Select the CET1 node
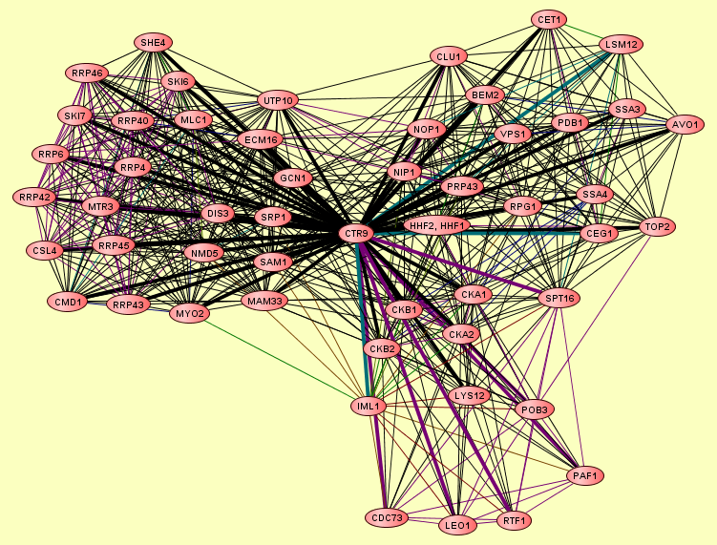coord(551,19)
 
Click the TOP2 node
coord(657,226)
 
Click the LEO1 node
coord(457,525)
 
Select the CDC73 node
coord(385,518)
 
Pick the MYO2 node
coord(189,312)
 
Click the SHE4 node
coord(153,42)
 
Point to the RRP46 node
coord(87,73)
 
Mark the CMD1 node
coord(68,302)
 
